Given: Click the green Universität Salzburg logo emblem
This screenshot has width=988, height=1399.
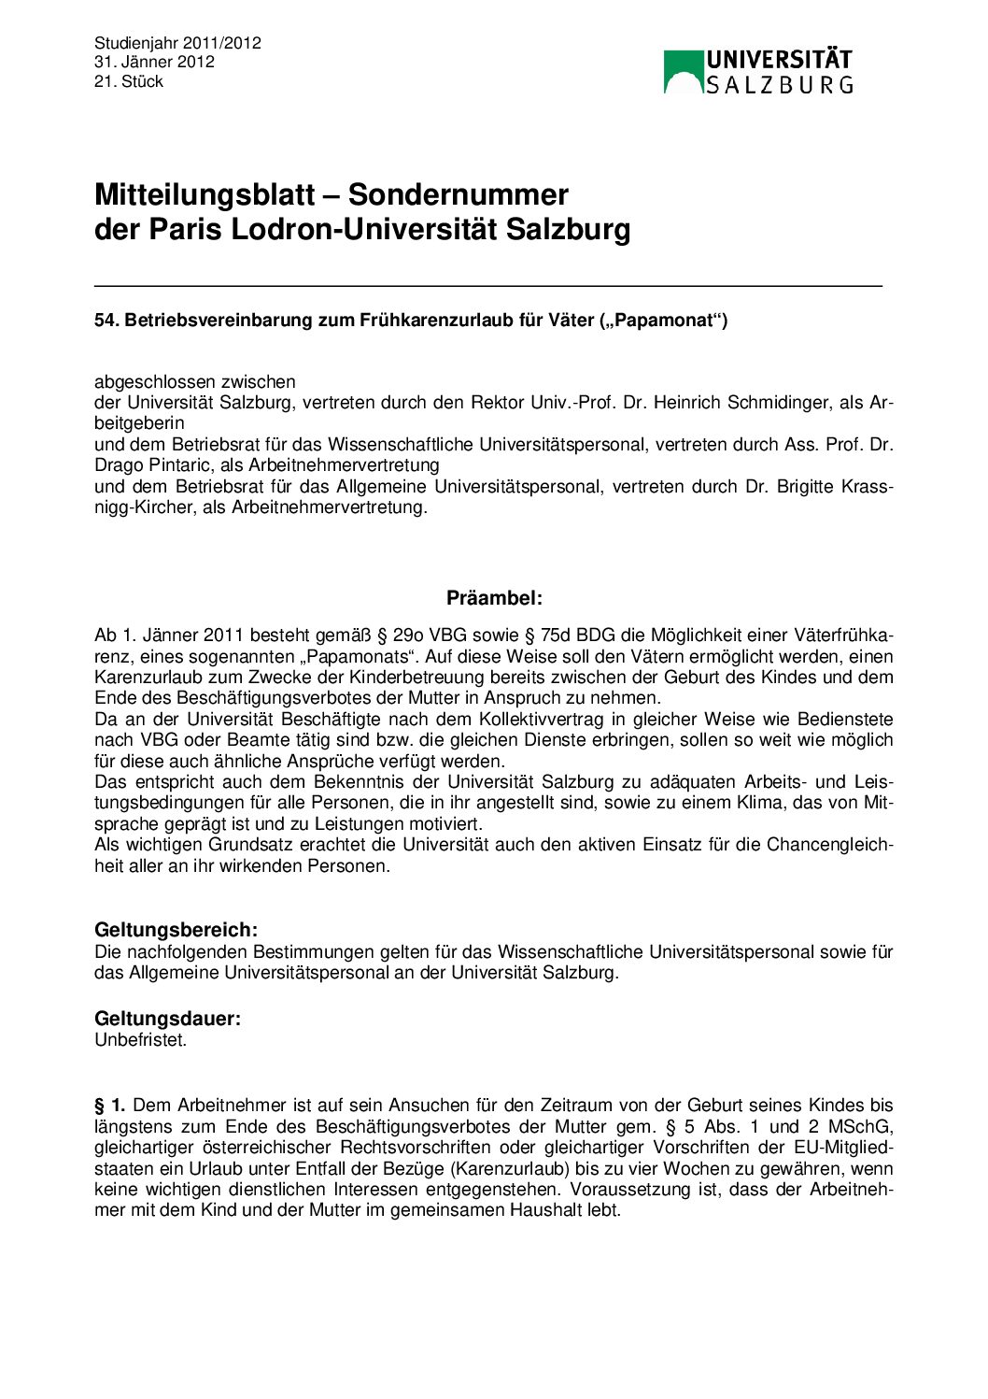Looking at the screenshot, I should tap(683, 72).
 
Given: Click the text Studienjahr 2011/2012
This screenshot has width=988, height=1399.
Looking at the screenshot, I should tap(177, 43).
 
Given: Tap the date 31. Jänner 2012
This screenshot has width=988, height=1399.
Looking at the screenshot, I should tap(154, 63).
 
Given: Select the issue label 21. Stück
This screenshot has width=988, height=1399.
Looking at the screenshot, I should tap(129, 82).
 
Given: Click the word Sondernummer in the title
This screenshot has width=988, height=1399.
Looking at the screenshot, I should tap(458, 195).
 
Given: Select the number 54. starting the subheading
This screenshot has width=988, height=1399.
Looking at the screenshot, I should tap(106, 321).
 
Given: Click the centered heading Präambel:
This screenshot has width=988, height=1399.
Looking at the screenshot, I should tap(494, 599).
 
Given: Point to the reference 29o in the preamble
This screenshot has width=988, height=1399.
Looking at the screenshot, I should tap(407, 636).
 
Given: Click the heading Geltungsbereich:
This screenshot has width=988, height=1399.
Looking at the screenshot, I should tap(176, 931).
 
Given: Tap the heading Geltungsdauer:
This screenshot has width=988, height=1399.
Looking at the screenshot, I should tap(167, 1020).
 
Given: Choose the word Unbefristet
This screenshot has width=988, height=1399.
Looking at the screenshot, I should tap(140, 1040).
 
